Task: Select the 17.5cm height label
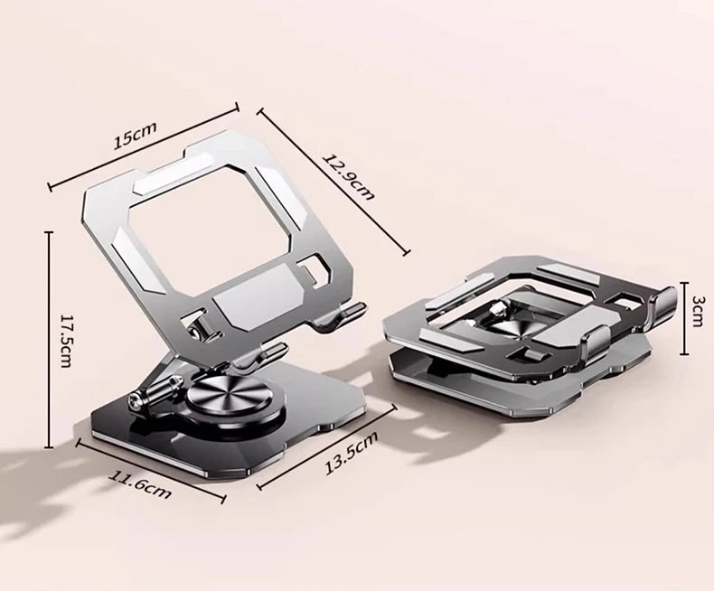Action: coord(65,340)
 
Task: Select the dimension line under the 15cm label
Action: coord(143,147)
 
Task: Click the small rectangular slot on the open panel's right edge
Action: coord(314,268)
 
